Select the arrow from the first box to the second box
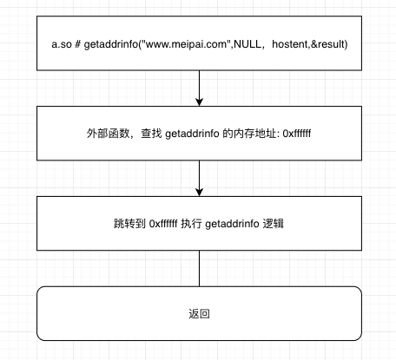tap(200, 87)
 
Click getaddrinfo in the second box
tap(195, 134)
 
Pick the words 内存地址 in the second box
tap(257, 134)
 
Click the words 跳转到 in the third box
tap(127, 224)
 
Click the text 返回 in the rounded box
tap(200, 314)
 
